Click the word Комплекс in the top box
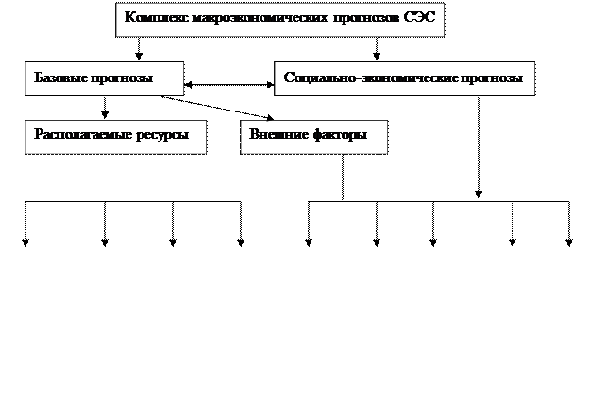[x=155, y=17]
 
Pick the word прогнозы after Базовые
[x=122, y=78]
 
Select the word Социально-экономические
[x=372, y=78]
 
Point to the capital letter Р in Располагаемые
[x=39, y=134]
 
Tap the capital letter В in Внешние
[x=254, y=134]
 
